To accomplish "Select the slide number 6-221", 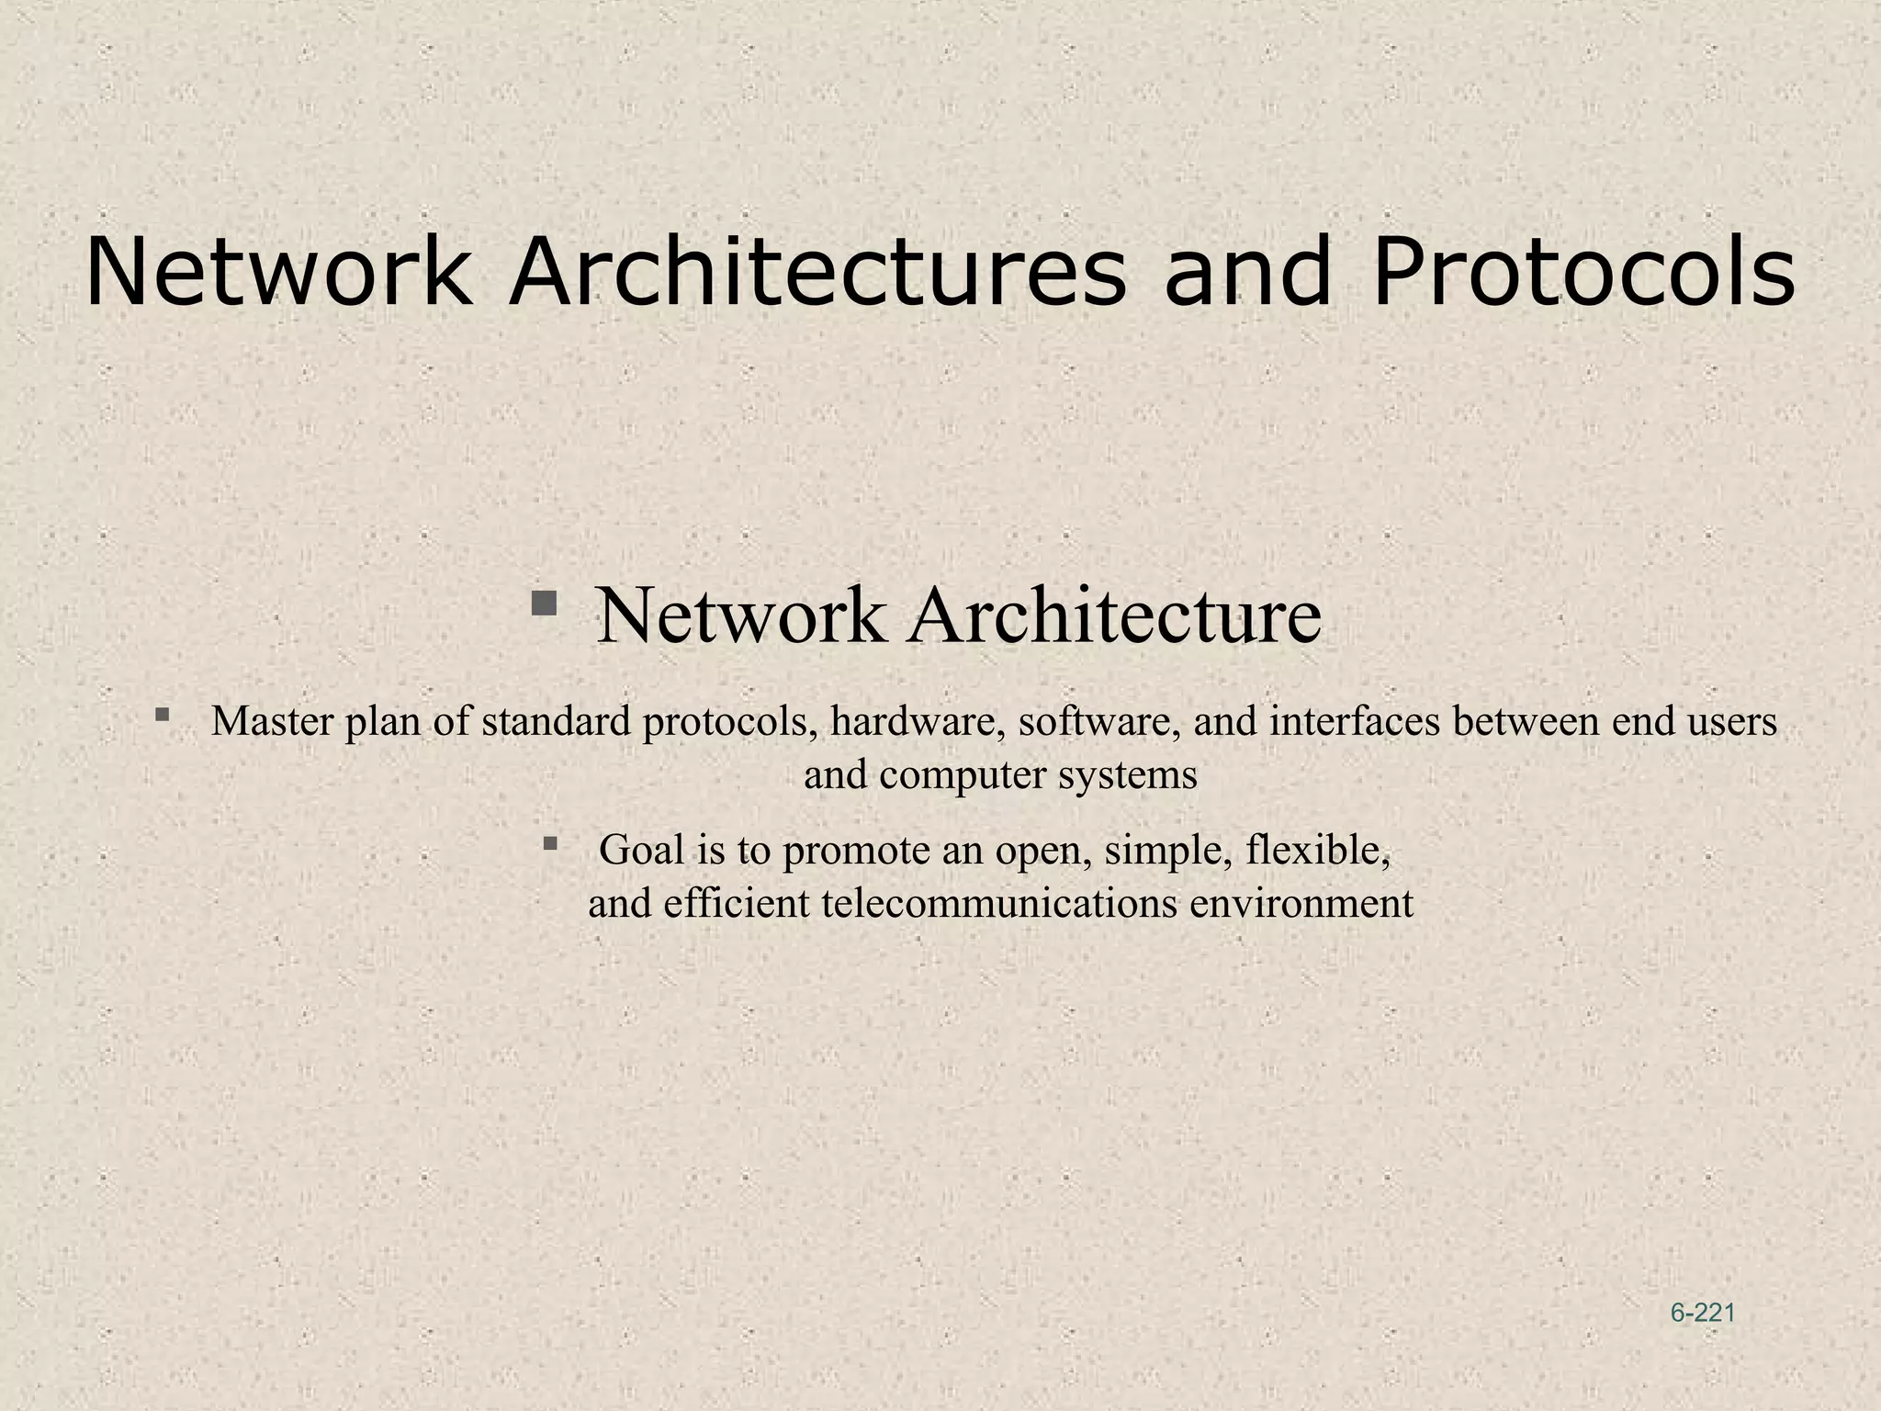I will tap(1703, 1313).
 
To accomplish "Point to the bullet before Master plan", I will tap(162, 714).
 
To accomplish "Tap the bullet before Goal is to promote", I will tap(550, 842).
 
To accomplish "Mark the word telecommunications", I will tap(999, 904).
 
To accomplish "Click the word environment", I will tap(1301, 904).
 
